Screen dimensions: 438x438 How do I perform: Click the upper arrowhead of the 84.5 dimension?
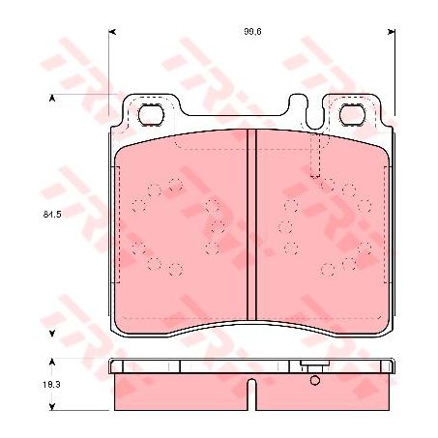pos(51,99)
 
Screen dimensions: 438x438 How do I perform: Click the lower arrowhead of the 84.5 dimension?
pos(51,333)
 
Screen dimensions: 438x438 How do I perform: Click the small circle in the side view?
pos(314,380)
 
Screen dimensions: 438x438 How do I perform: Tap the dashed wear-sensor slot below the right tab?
pos(312,158)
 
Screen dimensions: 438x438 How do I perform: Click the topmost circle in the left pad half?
pos(175,185)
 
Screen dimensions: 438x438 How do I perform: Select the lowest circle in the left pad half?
pos(175,268)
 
